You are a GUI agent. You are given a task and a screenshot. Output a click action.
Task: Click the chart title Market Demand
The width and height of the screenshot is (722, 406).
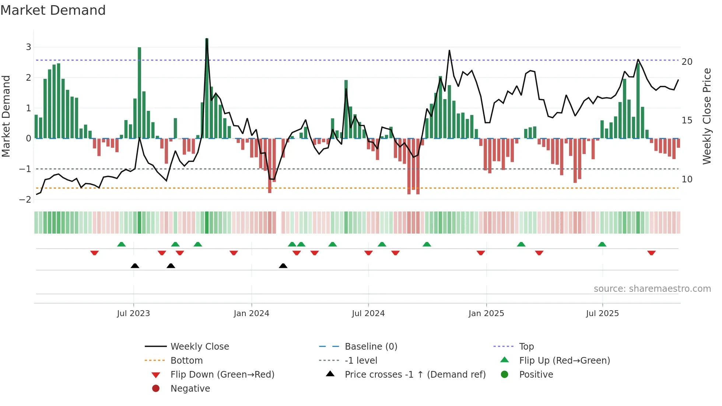(53, 10)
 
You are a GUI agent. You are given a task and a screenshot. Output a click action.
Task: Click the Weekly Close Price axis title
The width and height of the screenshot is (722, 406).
(707, 116)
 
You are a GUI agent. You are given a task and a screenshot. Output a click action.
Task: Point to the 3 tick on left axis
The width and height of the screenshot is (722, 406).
(28, 47)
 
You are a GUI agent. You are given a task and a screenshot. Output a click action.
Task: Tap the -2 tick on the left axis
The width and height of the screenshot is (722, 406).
(25, 200)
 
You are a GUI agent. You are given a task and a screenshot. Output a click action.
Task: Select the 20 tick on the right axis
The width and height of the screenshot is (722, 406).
(687, 62)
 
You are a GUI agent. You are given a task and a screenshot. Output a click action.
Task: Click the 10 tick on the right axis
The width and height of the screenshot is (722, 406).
(687, 179)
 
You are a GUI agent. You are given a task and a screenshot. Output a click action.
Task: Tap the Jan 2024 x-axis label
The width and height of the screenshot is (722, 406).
(251, 314)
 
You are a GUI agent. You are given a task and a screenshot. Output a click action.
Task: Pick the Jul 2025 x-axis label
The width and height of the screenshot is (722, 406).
(602, 314)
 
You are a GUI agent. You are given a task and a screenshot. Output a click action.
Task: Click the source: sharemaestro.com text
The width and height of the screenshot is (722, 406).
(652, 289)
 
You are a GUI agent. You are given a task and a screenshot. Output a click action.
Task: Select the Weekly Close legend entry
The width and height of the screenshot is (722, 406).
(199, 347)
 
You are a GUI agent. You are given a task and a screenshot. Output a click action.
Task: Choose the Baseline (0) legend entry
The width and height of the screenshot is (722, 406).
(371, 347)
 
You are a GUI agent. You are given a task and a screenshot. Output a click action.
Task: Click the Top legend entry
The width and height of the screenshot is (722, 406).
(526, 347)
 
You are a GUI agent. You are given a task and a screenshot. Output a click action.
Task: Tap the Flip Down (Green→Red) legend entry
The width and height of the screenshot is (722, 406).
(222, 375)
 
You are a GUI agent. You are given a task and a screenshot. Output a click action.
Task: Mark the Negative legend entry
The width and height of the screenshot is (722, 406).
(190, 389)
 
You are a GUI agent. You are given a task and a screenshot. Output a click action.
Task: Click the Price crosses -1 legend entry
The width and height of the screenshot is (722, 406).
(415, 375)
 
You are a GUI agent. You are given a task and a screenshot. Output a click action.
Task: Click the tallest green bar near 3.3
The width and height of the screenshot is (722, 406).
(207, 88)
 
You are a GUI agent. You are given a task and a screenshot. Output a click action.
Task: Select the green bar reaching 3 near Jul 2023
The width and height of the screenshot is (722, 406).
(140, 92)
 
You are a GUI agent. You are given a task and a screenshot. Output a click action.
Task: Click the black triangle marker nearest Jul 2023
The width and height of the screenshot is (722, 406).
(135, 266)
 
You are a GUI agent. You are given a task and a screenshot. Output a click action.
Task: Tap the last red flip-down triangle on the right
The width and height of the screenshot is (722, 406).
(651, 253)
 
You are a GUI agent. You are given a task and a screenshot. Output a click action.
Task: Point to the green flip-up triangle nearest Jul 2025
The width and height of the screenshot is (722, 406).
(602, 244)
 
